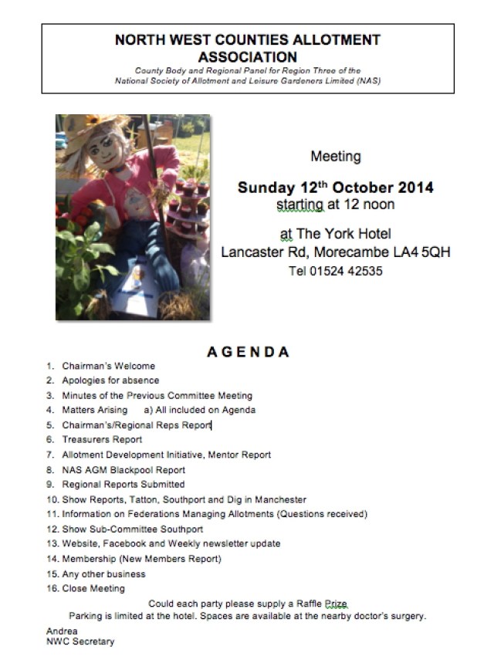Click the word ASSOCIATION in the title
[x=247, y=56]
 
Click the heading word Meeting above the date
[x=336, y=157]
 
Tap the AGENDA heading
[x=248, y=353]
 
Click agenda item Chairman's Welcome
[x=108, y=366]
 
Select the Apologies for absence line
[x=110, y=381]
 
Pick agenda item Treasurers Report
[x=102, y=440]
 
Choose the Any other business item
[x=103, y=574]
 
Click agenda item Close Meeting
[x=93, y=589]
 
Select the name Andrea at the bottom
[x=62, y=631]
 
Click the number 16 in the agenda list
[x=52, y=589]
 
